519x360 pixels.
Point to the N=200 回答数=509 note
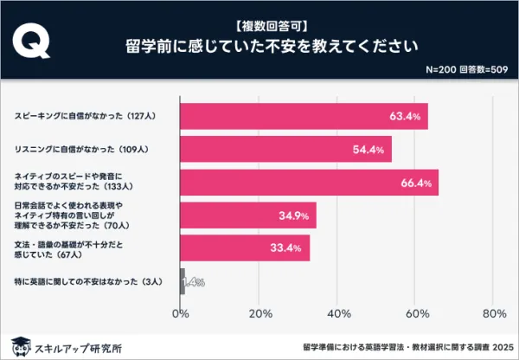[x=466, y=69]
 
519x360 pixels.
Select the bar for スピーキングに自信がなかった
[x=304, y=116]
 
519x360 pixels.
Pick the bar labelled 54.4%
[x=285, y=149]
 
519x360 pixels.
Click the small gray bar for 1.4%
[x=183, y=281]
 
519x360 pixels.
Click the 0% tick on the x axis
[x=181, y=312]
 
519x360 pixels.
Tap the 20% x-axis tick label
[x=259, y=312]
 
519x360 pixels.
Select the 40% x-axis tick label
[x=337, y=312]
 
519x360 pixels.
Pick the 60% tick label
[x=415, y=312]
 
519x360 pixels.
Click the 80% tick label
[x=493, y=312]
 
